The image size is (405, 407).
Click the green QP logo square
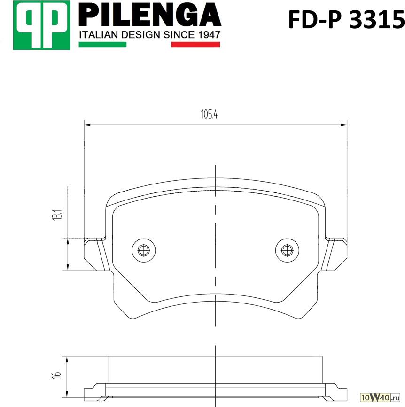pyautogui.click(x=42, y=25)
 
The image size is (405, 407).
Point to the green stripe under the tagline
pyautogui.click(x=102, y=44)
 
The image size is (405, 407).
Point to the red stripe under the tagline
pyautogui.click(x=195, y=44)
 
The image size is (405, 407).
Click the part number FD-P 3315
pyautogui.click(x=346, y=19)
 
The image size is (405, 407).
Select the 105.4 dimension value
pyautogui.click(x=209, y=114)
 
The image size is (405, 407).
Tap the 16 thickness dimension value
pyautogui.click(x=56, y=374)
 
